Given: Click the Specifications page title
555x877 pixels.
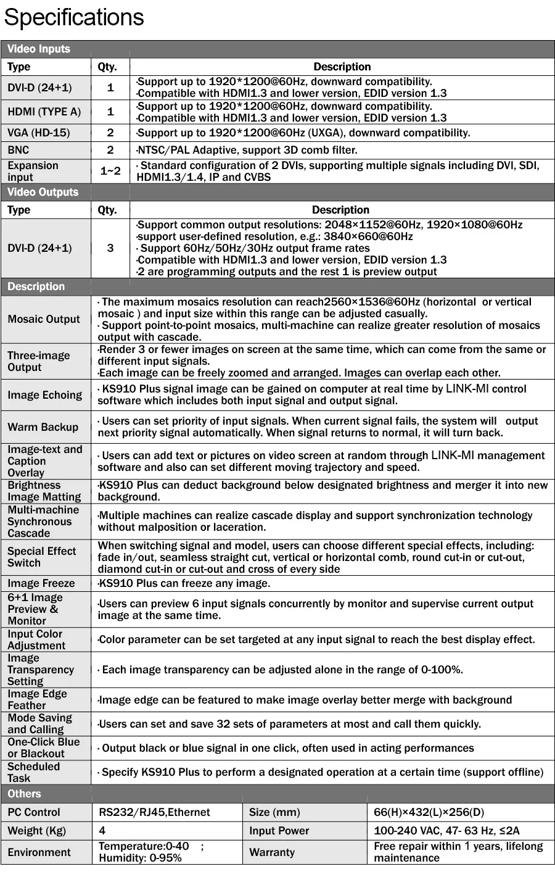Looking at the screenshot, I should pyautogui.click(x=74, y=17).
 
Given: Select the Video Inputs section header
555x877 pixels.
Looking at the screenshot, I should pyautogui.click(x=39, y=49).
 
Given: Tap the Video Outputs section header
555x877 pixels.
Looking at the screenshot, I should pyautogui.click(x=43, y=192).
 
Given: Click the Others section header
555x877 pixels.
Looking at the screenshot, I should pyautogui.click(x=24, y=794).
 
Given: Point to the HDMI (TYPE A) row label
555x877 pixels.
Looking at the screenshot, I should pyautogui.click(x=44, y=112).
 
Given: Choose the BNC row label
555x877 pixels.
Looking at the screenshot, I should pyautogui.click(x=18, y=150).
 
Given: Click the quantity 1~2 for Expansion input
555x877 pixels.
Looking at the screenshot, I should pyautogui.click(x=110, y=171).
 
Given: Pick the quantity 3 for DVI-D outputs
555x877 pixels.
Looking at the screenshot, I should pyautogui.click(x=110, y=248).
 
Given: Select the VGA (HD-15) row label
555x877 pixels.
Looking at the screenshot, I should pyautogui.click(x=39, y=133).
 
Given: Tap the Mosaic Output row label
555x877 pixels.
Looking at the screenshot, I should pyautogui.click(x=44, y=319).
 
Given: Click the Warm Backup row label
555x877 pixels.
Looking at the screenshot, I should pyautogui.click(x=43, y=427).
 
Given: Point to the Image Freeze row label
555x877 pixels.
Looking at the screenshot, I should pyautogui.click(x=41, y=583).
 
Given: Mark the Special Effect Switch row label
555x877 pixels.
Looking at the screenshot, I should pyautogui.click(x=42, y=557).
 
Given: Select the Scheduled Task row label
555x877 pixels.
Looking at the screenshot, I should pyautogui.click(x=34, y=772).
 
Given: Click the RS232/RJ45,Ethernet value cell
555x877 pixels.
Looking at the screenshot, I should pyautogui.click(x=154, y=812).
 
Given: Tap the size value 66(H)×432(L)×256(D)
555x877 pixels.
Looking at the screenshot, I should pyautogui.click(x=429, y=812).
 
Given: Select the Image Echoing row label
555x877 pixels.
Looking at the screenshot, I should pyautogui.click(x=44, y=395).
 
